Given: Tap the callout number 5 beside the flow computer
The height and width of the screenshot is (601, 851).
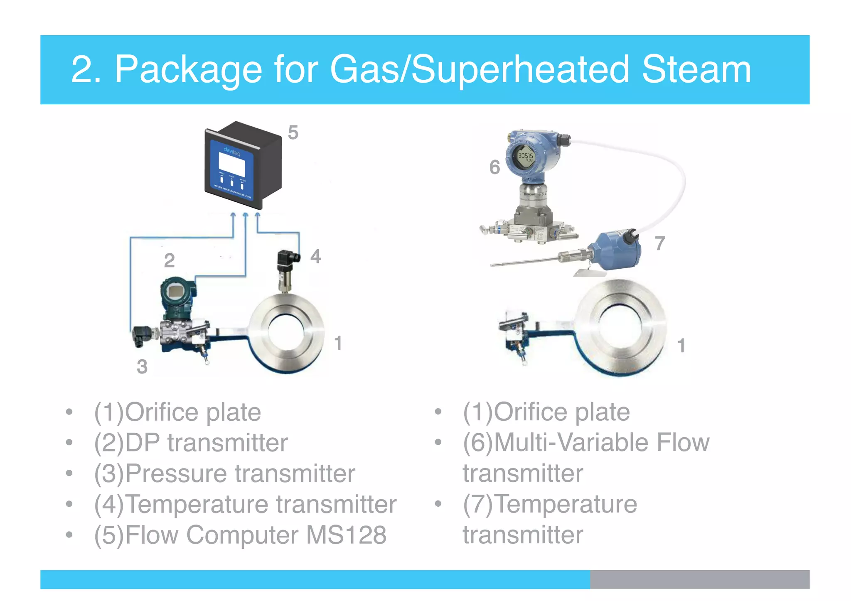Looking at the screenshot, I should (x=293, y=133).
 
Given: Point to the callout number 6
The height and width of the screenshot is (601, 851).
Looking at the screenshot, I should (x=494, y=167).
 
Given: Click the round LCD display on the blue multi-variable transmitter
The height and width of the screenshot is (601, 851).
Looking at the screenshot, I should (x=526, y=158).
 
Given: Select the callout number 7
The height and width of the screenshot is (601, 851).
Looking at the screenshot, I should (x=660, y=243).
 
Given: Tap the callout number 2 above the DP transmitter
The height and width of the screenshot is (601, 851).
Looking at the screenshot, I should (x=169, y=261).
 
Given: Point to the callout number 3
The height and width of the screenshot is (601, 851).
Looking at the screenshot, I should (x=142, y=367).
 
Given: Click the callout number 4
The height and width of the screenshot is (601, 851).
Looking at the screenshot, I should (x=315, y=256).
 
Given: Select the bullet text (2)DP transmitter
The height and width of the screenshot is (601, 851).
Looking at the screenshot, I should (x=191, y=443).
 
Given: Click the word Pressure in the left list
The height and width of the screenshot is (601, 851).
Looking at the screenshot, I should (x=177, y=473).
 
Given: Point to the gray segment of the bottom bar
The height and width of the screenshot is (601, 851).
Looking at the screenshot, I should (x=699, y=579).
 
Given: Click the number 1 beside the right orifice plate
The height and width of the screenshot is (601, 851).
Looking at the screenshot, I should (x=681, y=346).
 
